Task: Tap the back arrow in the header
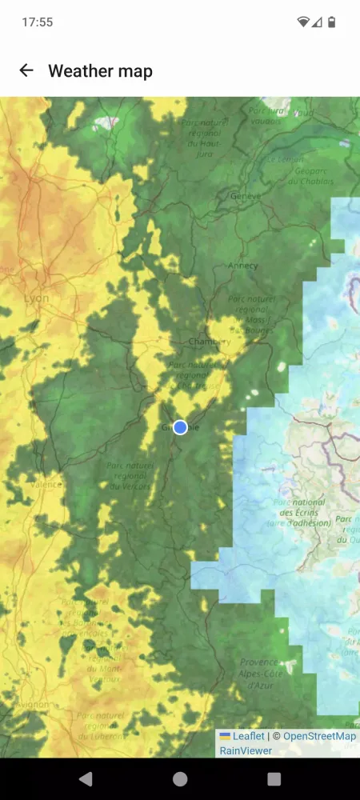click(26, 70)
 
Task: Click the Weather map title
click(100, 71)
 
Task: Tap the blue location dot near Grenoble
click(180, 427)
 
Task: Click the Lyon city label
click(36, 298)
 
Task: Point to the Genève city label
click(246, 196)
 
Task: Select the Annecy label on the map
click(242, 266)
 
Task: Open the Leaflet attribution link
click(248, 736)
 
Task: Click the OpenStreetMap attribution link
click(319, 736)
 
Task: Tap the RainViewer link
click(246, 750)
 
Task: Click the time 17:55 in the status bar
click(38, 22)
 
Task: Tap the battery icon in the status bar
click(332, 22)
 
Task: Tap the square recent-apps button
click(274, 778)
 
